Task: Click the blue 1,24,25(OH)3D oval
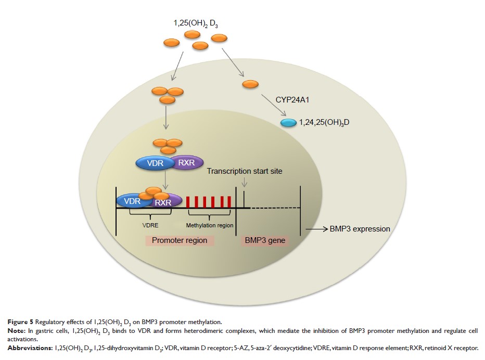(288, 123)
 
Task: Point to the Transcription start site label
(244, 171)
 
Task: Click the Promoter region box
(180, 241)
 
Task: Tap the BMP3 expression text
(360, 228)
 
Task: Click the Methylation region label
(210, 226)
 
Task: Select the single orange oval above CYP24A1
(250, 84)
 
